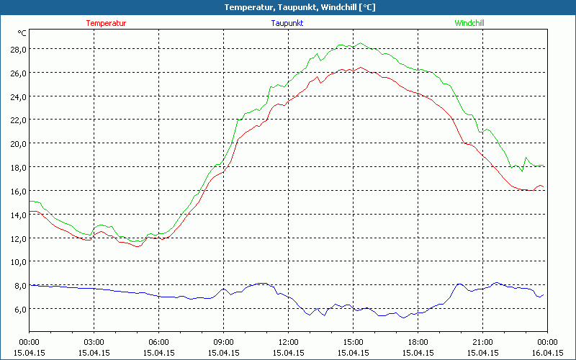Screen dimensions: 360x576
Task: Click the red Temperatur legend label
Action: (x=106, y=23)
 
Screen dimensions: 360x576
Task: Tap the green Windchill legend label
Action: (x=469, y=23)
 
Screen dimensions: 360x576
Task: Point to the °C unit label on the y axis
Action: (x=22, y=33)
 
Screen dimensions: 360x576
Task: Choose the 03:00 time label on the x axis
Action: (x=94, y=342)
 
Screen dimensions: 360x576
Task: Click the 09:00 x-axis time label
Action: (x=223, y=342)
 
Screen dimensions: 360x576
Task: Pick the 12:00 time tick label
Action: (x=288, y=342)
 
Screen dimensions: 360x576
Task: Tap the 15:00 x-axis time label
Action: (x=353, y=342)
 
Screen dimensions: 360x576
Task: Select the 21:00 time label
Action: (x=482, y=342)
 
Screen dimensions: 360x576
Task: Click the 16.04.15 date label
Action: (x=547, y=353)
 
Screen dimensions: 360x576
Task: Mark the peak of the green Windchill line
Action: (x=361, y=43)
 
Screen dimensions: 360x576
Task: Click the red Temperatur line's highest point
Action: (x=361, y=68)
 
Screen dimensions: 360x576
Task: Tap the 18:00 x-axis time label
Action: (x=418, y=342)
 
